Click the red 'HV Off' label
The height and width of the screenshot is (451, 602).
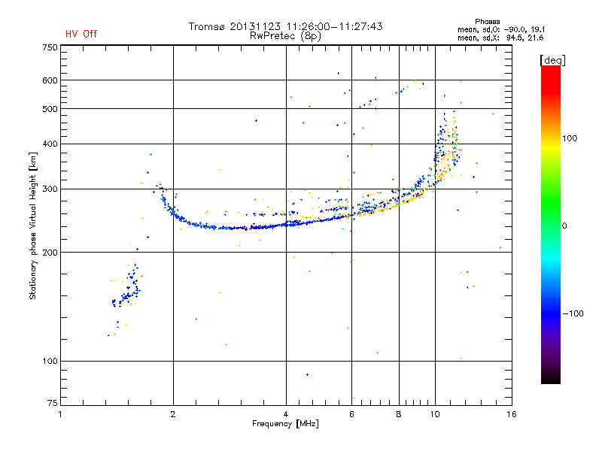(x=81, y=34)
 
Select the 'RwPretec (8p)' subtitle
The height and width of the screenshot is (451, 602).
(x=285, y=36)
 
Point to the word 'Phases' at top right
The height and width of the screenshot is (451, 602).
(x=487, y=22)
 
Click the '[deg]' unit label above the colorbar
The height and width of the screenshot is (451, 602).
(x=552, y=60)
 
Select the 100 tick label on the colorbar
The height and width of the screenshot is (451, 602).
(x=570, y=138)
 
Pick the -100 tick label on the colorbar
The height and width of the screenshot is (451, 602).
(x=573, y=313)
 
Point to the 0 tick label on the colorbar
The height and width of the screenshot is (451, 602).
(x=564, y=226)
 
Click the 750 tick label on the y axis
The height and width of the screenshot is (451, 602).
(x=50, y=47)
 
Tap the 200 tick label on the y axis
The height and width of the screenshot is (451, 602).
(x=50, y=253)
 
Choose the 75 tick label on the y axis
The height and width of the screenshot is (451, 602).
(x=53, y=403)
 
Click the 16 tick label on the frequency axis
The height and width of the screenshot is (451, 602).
(x=512, y=414)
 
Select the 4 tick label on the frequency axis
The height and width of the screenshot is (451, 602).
(x=286, y=414)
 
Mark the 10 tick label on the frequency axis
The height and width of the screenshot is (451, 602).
(x=435, y=414)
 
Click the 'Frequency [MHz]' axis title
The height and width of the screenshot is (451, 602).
(x=285, y=424)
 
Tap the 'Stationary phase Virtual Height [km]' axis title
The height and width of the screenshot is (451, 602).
(x=33, y=226)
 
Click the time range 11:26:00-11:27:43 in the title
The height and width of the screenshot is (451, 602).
(x=334, y=26)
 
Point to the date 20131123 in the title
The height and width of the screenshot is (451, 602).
(x=255, y=26)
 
